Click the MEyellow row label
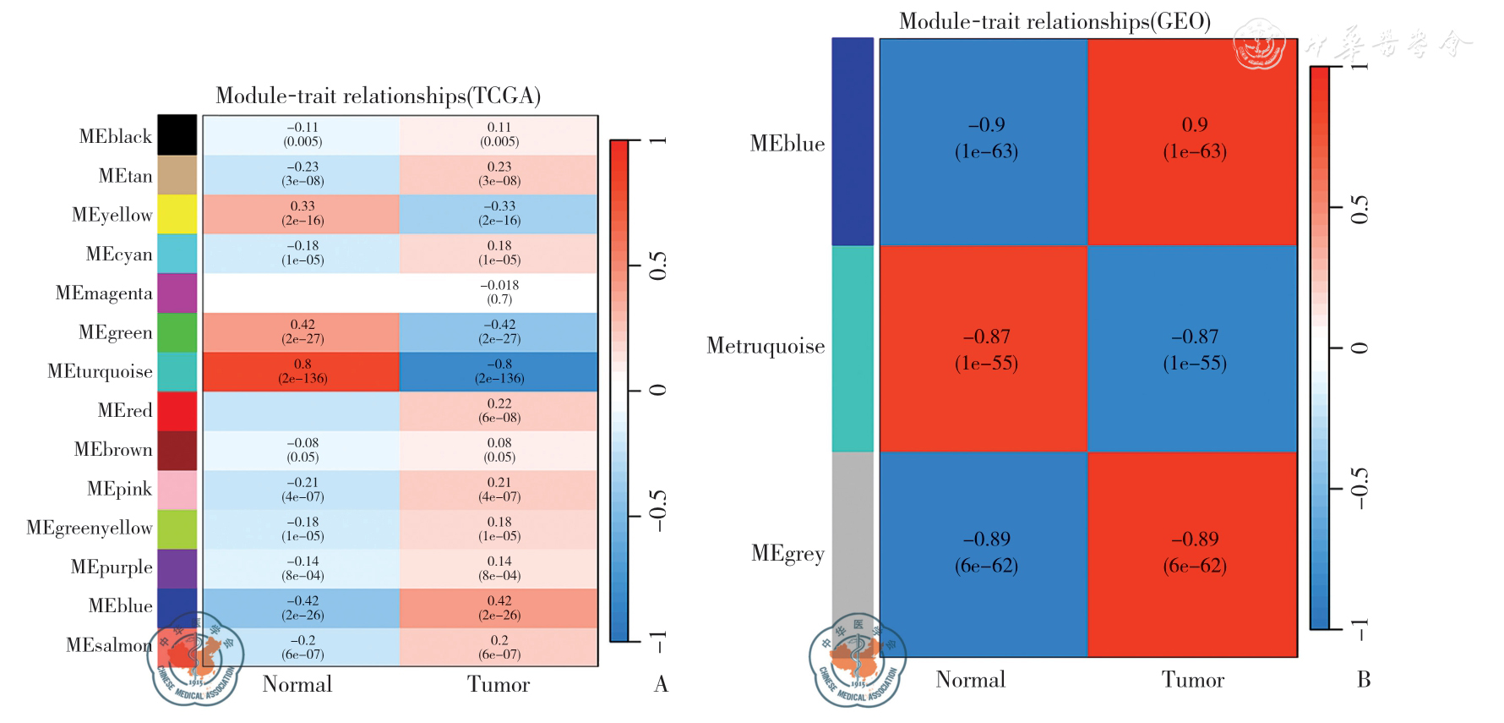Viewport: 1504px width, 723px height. (112, 215)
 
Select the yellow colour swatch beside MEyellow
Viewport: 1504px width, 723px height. (177, 214)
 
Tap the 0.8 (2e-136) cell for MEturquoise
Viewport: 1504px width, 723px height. (302, 371)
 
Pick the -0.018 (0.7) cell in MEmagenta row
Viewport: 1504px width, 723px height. (499, 292)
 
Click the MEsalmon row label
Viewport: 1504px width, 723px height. (109, 645)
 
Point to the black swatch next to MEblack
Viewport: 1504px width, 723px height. (177, 135)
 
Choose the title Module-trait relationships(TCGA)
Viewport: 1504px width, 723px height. (378, 96)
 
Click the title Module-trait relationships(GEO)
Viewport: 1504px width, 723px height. (1054, 21)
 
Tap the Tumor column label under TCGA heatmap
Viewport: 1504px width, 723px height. (499, 684)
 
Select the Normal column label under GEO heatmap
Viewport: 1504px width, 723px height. (970, 680)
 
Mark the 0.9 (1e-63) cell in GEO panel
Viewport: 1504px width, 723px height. (1193, 138)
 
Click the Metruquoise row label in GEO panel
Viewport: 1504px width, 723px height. (766, 346)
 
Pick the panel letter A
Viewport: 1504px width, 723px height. (661, 684)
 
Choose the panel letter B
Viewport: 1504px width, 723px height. (1363, 680)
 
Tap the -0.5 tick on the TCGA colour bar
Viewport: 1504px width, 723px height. (657, 514)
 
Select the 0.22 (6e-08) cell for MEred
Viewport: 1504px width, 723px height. (499, 410)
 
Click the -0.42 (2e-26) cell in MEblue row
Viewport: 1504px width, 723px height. (302, 607)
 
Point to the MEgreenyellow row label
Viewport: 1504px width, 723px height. (90, 528)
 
